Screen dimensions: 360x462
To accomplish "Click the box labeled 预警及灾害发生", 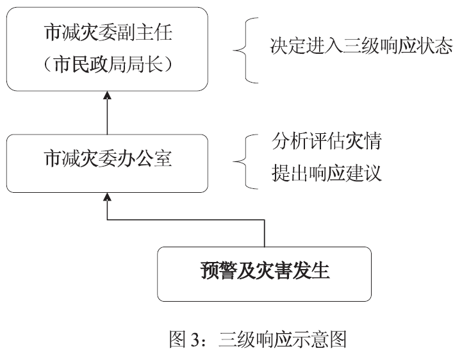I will pos(265,274).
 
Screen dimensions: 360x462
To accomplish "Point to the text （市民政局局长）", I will pos(108,64).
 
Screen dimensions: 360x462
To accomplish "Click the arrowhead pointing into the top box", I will pos(108,96).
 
